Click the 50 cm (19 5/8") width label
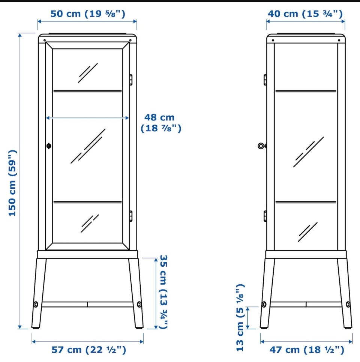[x=88, y=14]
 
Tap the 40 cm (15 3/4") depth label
[x=305, y=14]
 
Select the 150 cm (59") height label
[x=12, y=183]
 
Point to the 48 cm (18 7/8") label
[x=161, y=123]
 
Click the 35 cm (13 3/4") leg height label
[x=163, y=292]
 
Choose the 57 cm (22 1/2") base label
[x=89, y=350]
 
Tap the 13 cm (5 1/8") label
[x=240, y=318]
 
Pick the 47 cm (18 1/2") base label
[x=307, y=350]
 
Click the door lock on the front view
[x=49, y=146]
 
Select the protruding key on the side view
[x=262, y=146]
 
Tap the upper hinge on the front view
[x=131, y=80]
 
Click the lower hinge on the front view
[x=131, y=216]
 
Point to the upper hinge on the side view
[x=265, y=80]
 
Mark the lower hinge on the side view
[x=265, y=216]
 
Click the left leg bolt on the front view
[x=36, y=304]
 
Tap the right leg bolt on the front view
[x=139, y=304]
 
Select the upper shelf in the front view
[x=87, y=91]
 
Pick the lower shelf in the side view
[x=306, y=202]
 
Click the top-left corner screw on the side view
[x=273, y=41]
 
